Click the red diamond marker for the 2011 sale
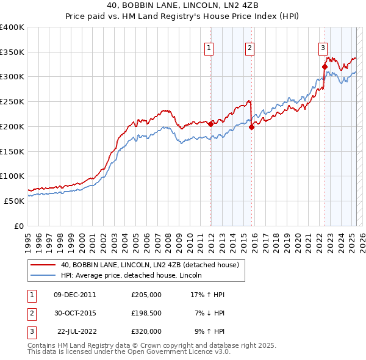pos(211,123)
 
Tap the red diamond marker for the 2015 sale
pos(252,127)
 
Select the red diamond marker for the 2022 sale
pos(325,67)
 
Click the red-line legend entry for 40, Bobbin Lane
pos(153,265)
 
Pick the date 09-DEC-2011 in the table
pos(75,295)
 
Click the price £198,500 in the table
pos(146,313)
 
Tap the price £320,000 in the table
pos(146,331)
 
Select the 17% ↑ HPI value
pos(209,295)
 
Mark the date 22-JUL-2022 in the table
pos(77,331)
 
